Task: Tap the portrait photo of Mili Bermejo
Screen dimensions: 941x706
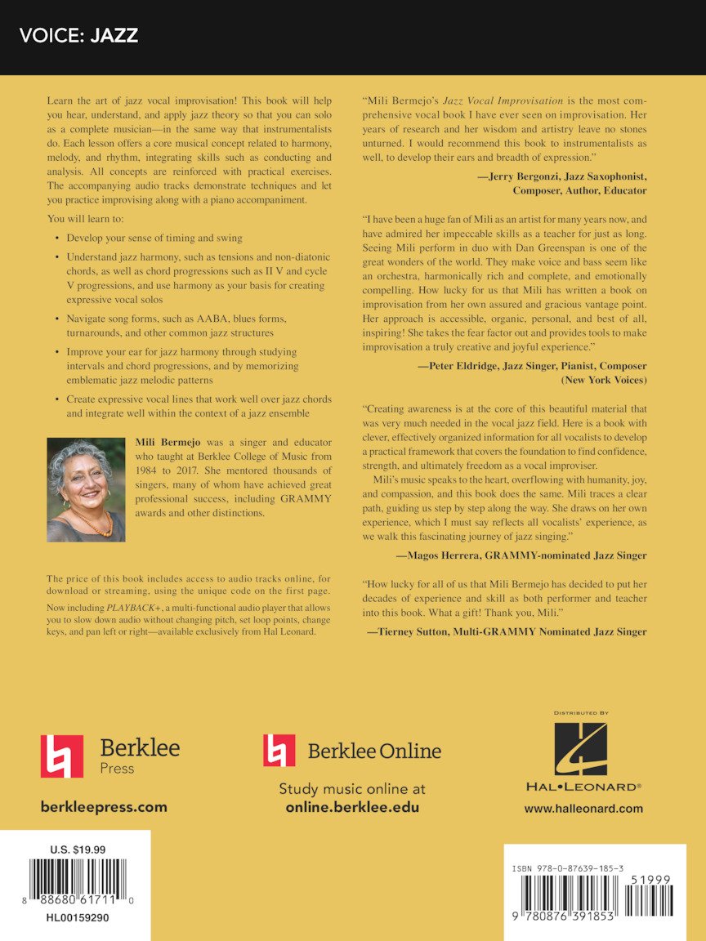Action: tap(86, 490)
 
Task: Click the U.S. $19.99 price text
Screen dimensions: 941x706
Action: tap(78, 850)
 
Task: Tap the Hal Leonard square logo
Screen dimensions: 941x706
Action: tap(581, 749)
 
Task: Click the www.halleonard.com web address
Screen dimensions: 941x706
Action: tap(583, 809)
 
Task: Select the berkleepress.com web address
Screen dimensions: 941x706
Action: tap(104, 807)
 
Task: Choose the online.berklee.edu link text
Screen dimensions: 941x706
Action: tap(352, 807)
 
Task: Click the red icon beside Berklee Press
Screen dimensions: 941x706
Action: tap(62, 756)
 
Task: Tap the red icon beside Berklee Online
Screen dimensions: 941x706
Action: tap(279, 750)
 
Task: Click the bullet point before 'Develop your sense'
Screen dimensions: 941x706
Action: tap(56, 239)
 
